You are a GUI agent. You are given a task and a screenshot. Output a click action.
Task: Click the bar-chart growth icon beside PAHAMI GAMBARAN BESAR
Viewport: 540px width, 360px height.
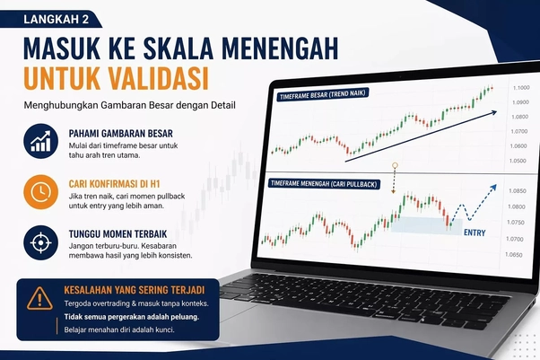tap(39, 142)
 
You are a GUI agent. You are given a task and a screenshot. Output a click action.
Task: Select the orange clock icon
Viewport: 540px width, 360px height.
tap(39, 192)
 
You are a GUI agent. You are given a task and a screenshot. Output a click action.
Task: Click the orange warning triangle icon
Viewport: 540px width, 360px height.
tap(39, 298)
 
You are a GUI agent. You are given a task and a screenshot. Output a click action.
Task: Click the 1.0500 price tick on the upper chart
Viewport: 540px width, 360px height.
tap(518, 161)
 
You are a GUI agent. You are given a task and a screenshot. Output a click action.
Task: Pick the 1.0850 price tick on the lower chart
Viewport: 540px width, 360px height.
tap(517, 191)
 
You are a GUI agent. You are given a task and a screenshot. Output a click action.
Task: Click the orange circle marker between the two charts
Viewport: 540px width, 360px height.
tap(395, 166)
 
